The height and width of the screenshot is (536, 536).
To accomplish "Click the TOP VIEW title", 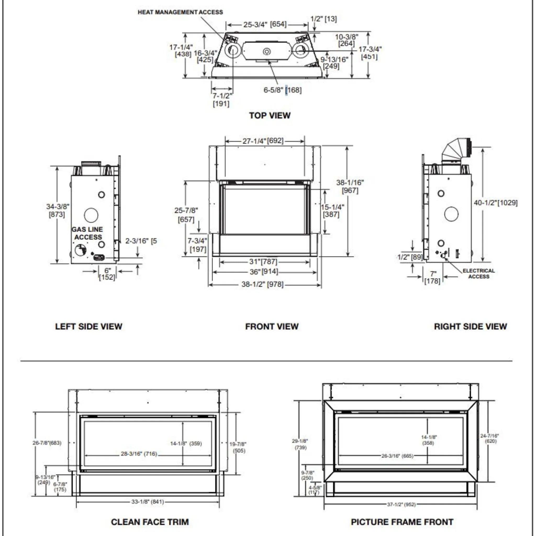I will coord(270,115).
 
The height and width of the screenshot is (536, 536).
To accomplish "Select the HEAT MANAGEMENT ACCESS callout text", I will coord(180,12).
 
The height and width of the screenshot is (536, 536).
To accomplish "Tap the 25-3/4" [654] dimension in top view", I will coord(265,24).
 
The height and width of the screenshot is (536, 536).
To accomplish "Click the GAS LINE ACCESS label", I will coord(87,233).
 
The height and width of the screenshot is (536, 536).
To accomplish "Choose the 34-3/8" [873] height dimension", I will coord(57,210).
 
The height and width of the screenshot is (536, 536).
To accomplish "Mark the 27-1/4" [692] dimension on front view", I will coord(263,141).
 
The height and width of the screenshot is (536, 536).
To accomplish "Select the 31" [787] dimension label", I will coord(263,261).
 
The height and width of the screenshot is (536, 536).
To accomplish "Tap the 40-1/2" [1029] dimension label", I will coord(495,203).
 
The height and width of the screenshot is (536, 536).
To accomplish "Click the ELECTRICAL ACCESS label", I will coord(479,273).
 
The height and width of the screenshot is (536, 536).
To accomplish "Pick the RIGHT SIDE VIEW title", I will coord(470,326).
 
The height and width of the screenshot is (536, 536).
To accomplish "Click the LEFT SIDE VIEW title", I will coord(88,326).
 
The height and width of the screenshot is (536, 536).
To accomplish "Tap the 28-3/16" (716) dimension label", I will coord(139,454).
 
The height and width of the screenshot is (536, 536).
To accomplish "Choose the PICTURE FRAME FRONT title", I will coord(402,522).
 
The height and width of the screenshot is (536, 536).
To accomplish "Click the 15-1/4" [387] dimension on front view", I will coord(332,211).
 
